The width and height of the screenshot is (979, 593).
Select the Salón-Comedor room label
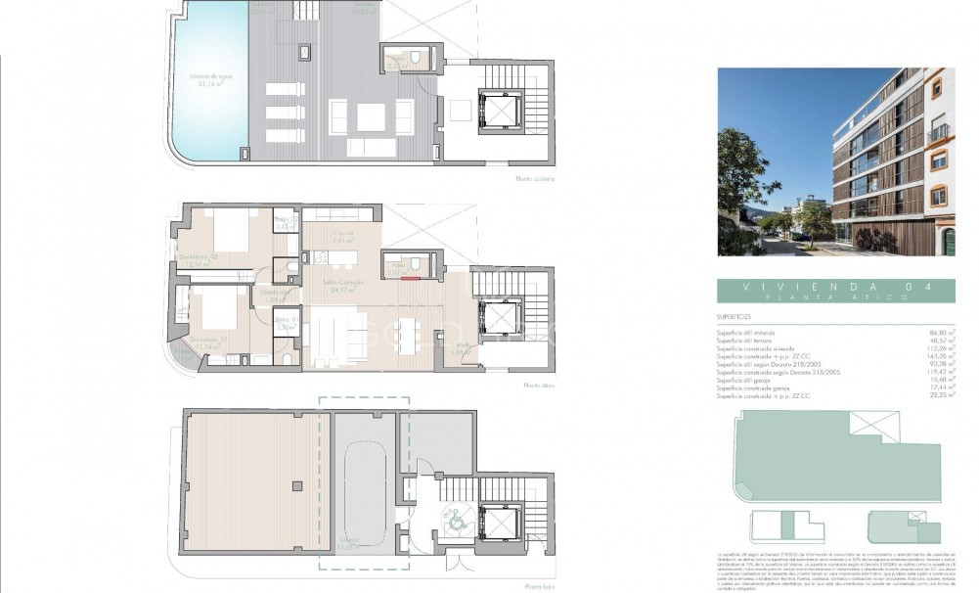click(x=342, y=285)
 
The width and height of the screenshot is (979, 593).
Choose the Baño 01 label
click(x=285, y=324)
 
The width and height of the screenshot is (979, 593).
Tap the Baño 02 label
click(x=285, y=222)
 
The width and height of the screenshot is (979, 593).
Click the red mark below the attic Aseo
click(x=411, y=278)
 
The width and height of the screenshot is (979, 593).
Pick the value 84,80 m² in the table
click(x=940, y=333)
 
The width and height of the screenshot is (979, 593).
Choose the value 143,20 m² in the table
click(x=940, y=356)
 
